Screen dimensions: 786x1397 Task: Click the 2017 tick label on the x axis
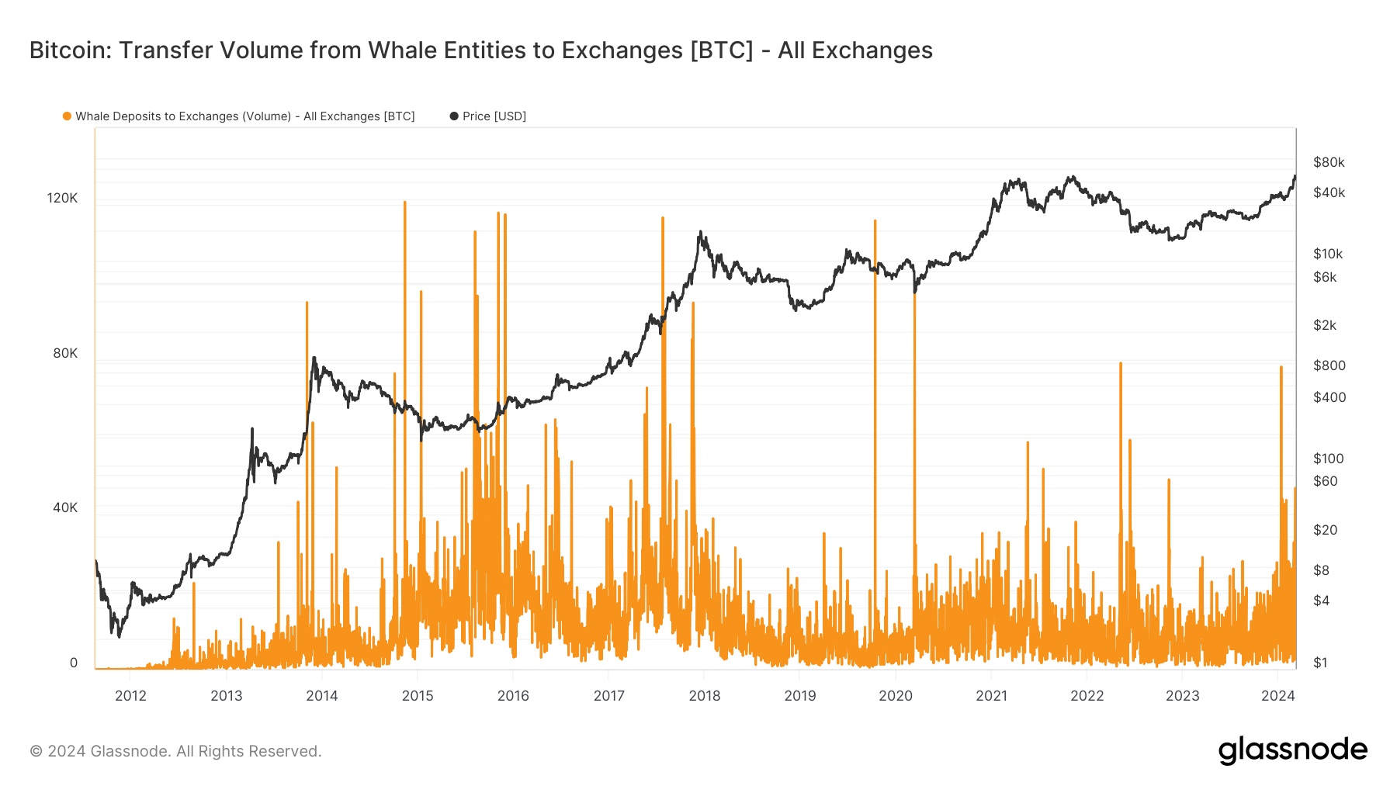608,695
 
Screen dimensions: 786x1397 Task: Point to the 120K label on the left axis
62,198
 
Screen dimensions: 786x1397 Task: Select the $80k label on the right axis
1329,162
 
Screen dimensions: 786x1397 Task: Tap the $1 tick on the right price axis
1320,663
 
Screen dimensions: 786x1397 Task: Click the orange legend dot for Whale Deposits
68,116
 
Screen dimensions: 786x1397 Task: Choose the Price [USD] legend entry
494,116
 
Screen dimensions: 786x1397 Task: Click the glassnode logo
1292,750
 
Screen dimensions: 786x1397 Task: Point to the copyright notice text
175,751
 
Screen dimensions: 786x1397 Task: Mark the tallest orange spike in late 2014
404,203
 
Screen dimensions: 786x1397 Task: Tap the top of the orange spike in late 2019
875,221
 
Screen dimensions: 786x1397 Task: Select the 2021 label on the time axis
991,695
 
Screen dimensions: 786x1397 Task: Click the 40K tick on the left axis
65,507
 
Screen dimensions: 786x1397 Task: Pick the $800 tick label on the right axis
1329,365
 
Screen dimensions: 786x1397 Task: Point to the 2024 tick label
1277,695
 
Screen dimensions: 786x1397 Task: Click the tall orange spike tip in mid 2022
1121,363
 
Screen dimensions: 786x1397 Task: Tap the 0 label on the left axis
74,663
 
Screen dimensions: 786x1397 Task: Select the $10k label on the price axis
1327,254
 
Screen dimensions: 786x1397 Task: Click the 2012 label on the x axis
130,695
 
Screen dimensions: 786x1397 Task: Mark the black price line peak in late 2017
700,231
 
